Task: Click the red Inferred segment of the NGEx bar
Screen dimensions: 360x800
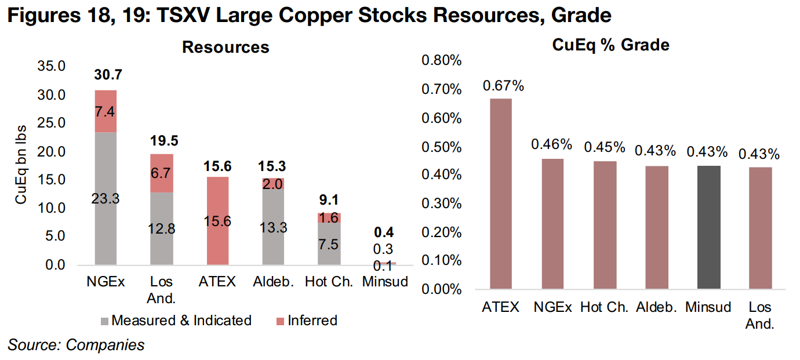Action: point(106,111)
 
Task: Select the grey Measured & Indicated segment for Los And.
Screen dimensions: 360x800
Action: point(162,229)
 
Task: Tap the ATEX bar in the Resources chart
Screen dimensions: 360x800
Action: point(218,221)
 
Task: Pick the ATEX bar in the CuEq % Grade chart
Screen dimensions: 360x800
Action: point(501,193)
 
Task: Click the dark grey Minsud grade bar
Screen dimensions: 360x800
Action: point(708,227)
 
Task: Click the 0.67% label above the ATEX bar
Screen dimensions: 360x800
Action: point(503,86)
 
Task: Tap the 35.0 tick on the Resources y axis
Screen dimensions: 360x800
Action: point(52,67)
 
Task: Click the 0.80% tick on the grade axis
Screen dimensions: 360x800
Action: point(442,61)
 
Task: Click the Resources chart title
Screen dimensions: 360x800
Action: point(226,47)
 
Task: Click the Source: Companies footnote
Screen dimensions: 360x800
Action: point(75,345)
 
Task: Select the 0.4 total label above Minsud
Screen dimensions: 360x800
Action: point(384,233)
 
